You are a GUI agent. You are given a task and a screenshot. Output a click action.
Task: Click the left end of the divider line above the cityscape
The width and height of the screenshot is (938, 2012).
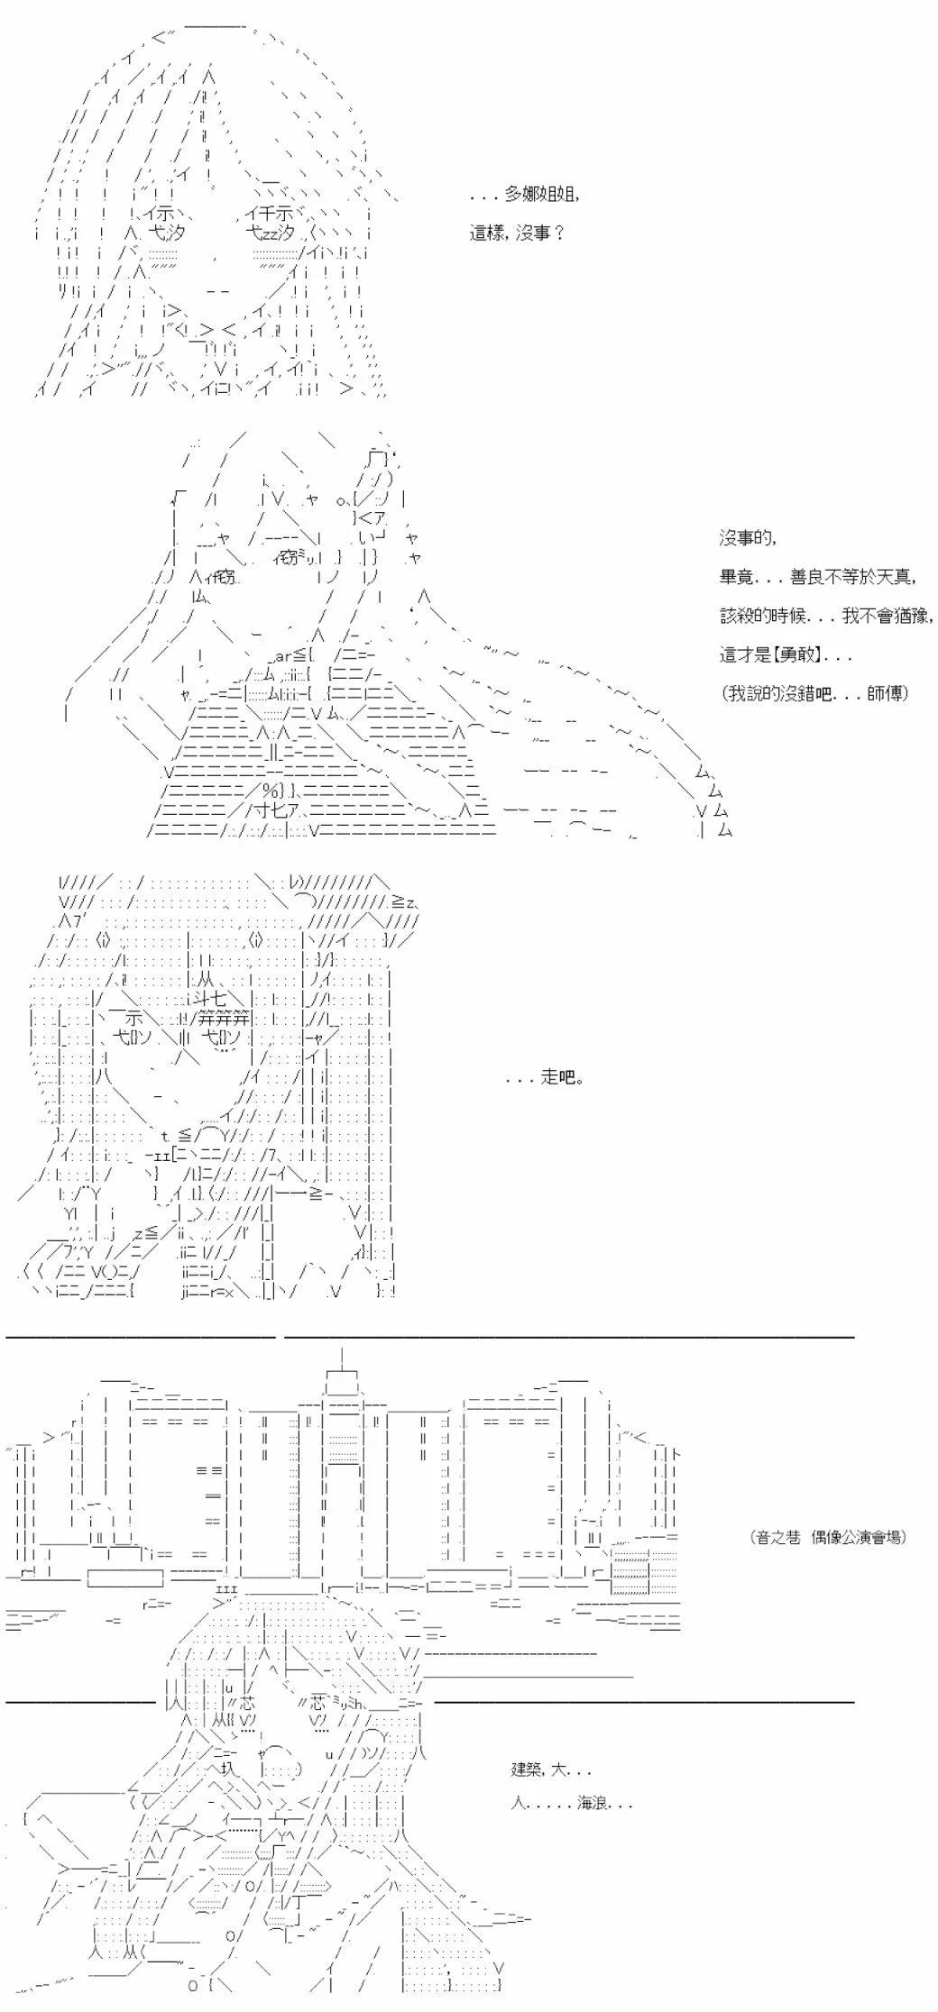(x=7, y=1337)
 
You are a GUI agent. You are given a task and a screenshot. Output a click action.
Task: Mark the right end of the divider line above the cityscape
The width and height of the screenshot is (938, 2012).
(x=853, y=1337)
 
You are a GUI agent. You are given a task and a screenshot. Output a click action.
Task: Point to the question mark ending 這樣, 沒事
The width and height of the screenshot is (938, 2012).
(x=558, y=233)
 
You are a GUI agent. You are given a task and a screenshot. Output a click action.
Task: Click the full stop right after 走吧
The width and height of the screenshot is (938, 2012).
(x=579, y=1080)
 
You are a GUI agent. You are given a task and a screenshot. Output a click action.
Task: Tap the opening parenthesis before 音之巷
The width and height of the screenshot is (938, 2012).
(x=753, y=1537)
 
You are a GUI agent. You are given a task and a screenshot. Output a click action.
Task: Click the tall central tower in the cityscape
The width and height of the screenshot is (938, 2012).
(x=342, y=1478)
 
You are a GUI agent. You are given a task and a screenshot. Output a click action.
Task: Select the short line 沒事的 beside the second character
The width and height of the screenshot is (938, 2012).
(x=748, y=539)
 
